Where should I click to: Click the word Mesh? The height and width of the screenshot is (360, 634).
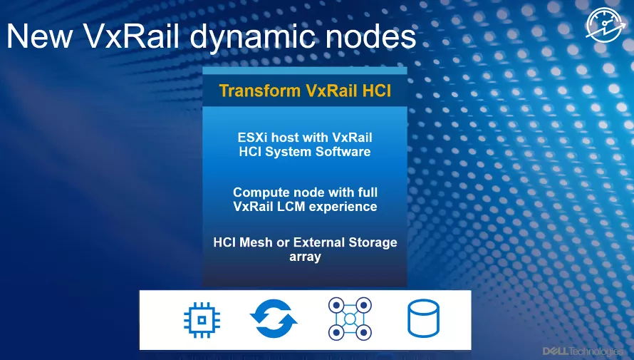[256, 242]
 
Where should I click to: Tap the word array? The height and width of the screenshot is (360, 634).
[306, 257]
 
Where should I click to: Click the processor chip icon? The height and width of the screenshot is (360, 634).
[202, 320]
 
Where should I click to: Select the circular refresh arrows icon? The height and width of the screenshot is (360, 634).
[274, 319]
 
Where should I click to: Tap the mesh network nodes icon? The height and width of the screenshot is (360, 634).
[350, 319]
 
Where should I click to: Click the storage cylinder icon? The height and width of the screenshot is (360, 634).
[423, 319]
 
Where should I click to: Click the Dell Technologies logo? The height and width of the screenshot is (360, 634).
[582, 351]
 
